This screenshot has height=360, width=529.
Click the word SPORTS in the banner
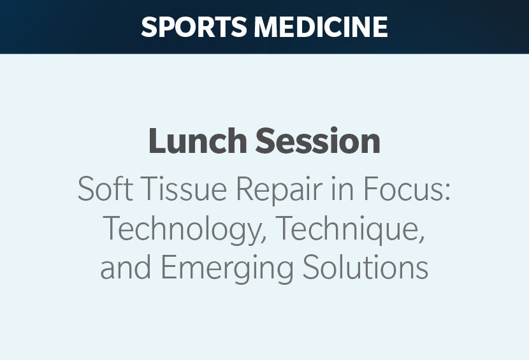194,27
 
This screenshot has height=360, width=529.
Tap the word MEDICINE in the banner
321,27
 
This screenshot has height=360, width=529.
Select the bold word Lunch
198,141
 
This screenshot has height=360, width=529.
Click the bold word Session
318,141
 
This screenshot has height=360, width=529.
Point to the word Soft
105,188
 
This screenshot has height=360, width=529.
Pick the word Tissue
184,188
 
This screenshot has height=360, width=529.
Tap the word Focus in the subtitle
403,188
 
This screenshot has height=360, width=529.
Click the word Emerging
228,270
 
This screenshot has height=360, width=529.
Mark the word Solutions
365,266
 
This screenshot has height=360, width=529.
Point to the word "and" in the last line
126,266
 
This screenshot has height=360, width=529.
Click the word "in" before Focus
342,188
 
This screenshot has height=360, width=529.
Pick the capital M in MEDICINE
266,27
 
